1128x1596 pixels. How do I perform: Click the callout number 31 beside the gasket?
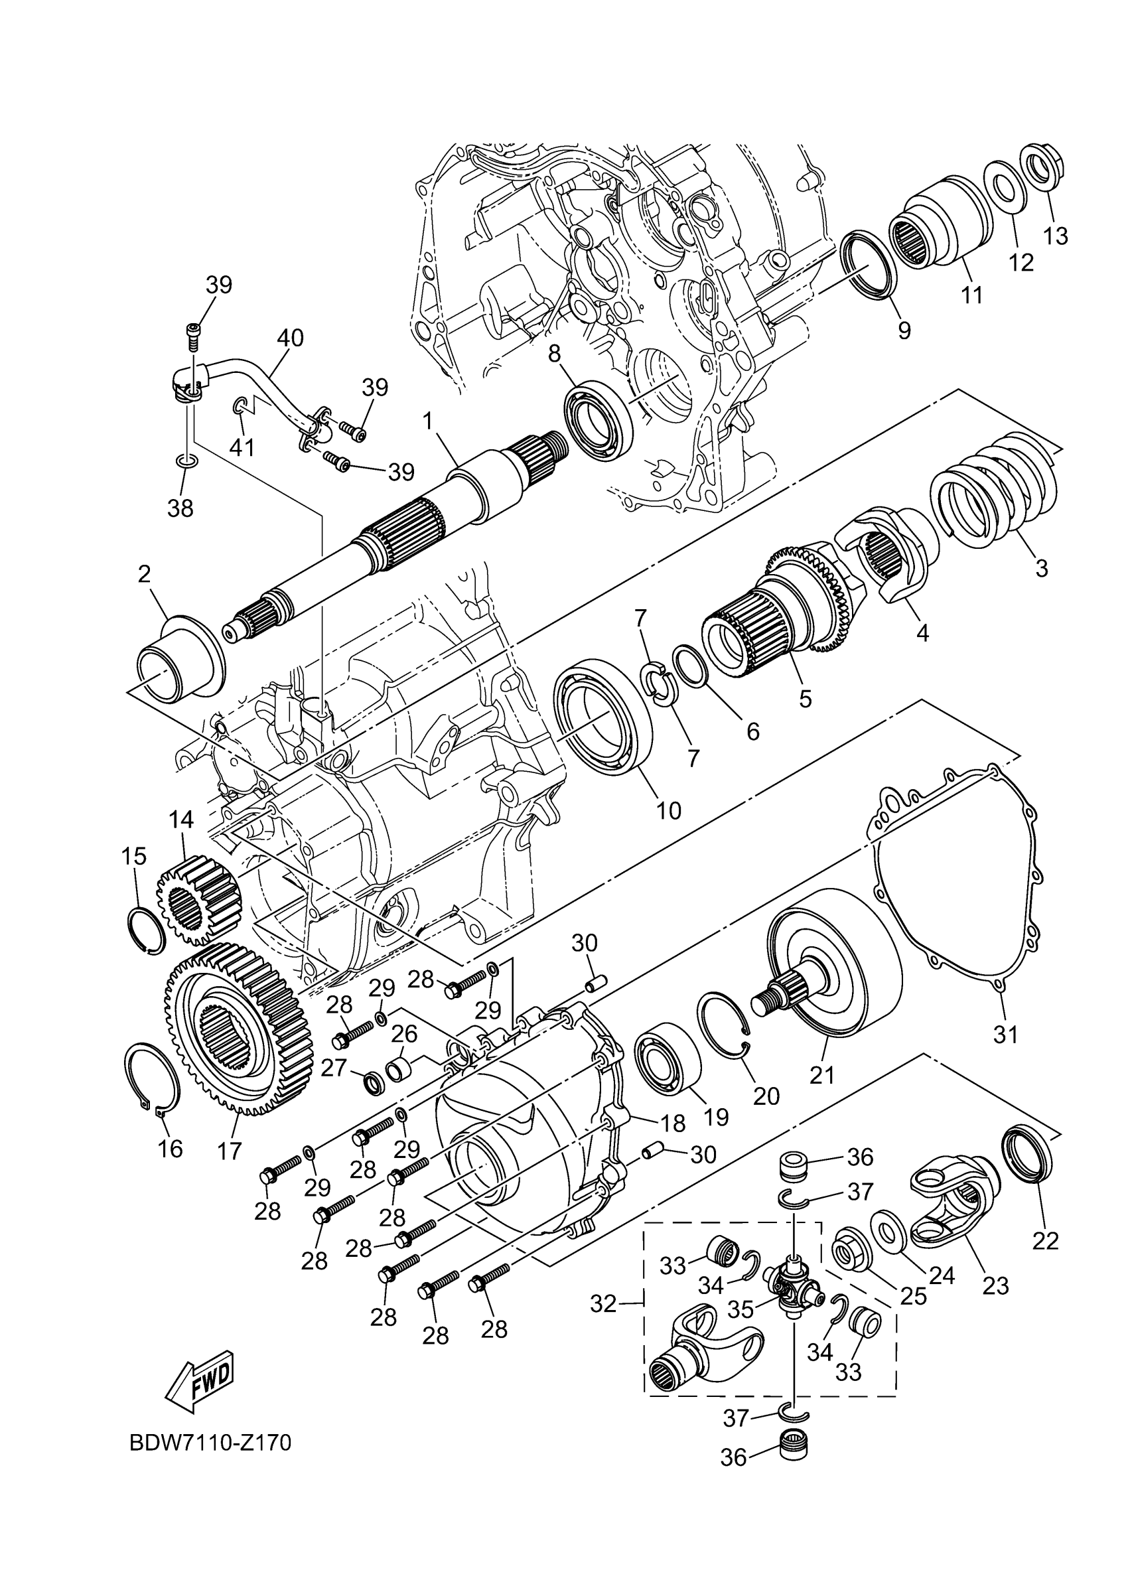pos(1005,1054)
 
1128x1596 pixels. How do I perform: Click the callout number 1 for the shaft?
pos(427,421)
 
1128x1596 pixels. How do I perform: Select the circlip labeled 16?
pos(153,1080)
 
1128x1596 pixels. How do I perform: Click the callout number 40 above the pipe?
pos(290,338)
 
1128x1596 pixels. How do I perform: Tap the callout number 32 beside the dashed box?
pos(602,1305)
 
